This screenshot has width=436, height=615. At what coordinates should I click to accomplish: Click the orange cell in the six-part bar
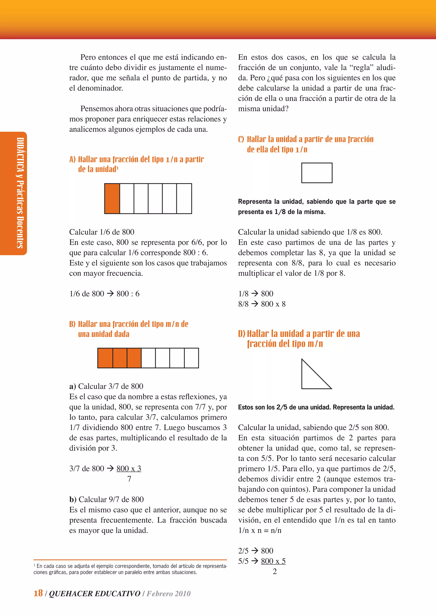(x=112, y=198)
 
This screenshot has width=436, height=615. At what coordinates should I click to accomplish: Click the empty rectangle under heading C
(x=317, y=173)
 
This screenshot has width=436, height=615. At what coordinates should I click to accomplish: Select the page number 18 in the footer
(x=38, y=593)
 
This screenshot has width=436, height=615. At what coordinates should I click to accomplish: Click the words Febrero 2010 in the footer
(x=169, y=593)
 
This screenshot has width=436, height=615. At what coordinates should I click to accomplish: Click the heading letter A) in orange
(x=72, y=159)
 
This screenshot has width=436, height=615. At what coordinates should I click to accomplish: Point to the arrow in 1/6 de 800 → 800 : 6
(x=110, y=293)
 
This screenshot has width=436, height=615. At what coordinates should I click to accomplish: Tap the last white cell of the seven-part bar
(x=191, y=358)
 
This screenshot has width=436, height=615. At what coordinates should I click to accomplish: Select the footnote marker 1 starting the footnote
(x=35, y=566)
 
